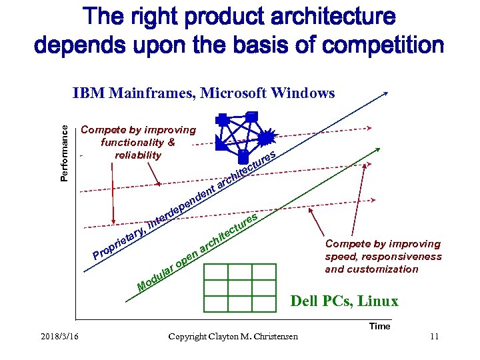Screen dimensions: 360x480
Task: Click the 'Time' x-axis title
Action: [379, 326]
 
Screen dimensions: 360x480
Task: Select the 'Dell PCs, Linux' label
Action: [344, 301]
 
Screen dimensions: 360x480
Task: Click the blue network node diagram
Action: [243, 138]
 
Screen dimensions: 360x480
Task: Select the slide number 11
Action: [434, 336]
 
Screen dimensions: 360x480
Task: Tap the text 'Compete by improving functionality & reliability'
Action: [138, 143]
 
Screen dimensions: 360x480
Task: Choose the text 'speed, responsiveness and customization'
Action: [383, 263]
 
